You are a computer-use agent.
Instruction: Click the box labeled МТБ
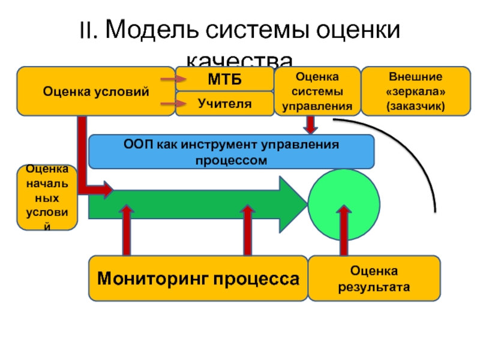coord(224,79)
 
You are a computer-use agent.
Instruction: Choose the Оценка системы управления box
coord(317,91)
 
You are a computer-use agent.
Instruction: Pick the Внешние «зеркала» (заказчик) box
coord(416,91)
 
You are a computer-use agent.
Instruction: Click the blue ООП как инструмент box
coord(231,152)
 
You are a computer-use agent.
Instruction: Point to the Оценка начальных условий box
coord(47,197)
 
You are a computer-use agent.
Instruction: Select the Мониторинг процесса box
coord(198,278)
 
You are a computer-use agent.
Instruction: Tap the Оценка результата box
coord(373,278)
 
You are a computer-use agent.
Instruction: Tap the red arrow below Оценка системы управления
coord(310,124)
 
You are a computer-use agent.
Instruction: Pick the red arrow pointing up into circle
coord(344,231)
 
